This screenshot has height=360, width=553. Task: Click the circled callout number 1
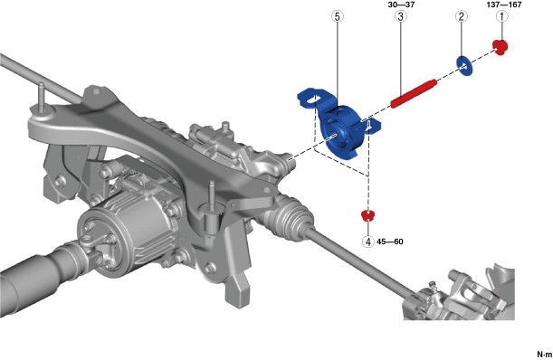(x=501, y=16)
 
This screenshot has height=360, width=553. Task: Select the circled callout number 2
(x=462, y=16)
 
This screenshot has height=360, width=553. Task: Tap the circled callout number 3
(x=401, y=16)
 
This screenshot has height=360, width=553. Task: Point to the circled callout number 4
(x=368, y=242)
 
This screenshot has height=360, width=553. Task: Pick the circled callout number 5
(x=338, y=16)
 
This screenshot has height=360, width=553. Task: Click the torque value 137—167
(x=503, y=5)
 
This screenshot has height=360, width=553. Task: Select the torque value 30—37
(x=400, y=5)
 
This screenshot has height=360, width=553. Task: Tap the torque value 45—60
(x=390, y=242)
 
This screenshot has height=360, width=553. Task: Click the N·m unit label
(x=545, y=354)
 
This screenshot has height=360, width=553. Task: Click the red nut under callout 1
(x=501, y=47)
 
